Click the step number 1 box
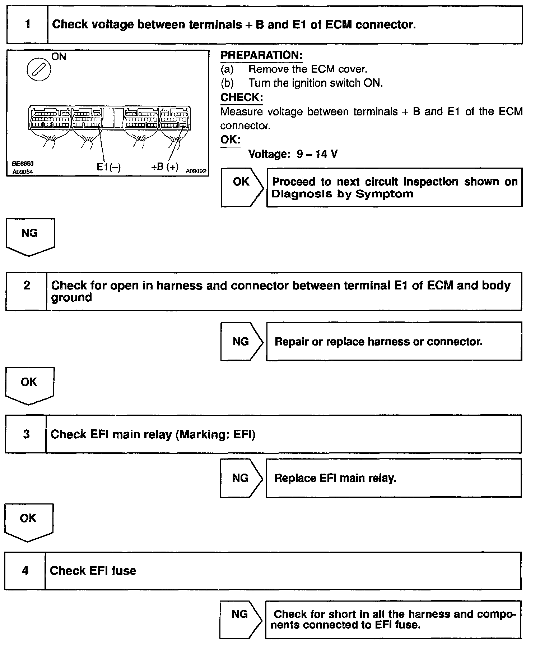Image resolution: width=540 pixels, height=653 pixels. tap(27, 25)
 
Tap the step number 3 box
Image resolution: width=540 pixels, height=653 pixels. tap(26, 434)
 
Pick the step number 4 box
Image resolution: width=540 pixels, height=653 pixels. tap(25, 571)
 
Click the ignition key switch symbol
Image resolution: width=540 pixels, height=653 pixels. tap(39, 70)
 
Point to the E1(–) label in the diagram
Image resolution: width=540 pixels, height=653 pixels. tap(109, 167)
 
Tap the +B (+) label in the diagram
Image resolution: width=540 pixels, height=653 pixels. tap(165, 166)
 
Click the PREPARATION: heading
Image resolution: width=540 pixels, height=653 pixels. tap(261, 55)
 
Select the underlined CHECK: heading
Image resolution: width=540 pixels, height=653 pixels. tap(242, 97)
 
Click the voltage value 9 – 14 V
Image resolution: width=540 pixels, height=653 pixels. tap(317, 154)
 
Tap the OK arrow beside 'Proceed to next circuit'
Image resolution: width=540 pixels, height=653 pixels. tap(241, 186)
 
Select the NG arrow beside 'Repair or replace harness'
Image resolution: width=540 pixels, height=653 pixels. tap(241, 341)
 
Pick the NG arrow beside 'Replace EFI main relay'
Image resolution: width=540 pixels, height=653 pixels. tap(241, 478)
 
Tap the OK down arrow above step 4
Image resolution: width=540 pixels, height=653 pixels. tap(28, 521)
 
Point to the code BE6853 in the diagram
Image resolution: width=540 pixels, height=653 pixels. tap(23, 164)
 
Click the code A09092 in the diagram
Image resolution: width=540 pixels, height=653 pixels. tap(196, 171)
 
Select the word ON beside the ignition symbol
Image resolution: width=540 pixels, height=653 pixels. tap(59, 57)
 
